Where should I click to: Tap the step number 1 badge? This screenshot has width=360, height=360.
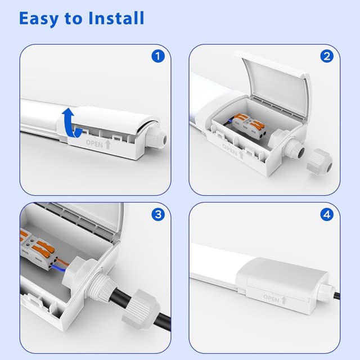[158, 56]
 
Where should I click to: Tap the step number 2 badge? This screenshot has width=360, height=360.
[327, 56]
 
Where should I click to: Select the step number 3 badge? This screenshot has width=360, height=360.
[158, 214]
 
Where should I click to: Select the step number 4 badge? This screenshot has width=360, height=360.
[327, 214]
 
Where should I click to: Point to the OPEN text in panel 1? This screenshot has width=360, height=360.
[95, 143]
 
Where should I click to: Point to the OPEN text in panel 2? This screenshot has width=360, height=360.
[231, 150]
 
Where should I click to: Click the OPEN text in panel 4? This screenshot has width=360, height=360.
[271, 299]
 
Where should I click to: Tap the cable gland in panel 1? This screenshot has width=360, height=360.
[156, 138]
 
